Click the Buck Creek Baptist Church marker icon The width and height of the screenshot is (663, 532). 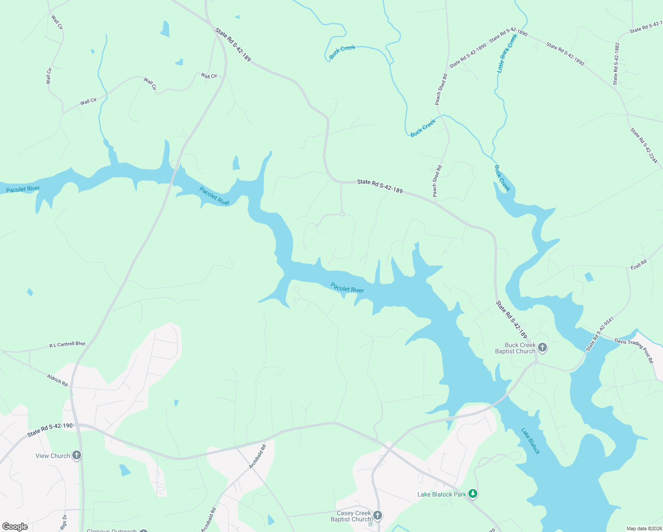click(542, 348)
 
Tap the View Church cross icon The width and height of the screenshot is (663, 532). click(77, 455)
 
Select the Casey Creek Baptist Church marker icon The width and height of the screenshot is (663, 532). click(378, 515)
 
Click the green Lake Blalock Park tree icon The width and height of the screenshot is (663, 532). click(473, 493)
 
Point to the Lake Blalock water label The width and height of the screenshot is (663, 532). click(530, 441)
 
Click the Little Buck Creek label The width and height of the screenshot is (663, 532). click(507, 54)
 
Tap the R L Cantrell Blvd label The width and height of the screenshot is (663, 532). click(67, 344)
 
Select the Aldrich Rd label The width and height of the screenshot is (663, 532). click(58, 380)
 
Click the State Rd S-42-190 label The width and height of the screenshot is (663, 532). click(50, 429)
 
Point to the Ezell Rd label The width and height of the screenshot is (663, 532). click(639, 265)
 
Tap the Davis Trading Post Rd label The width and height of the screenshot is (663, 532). click(634, 350)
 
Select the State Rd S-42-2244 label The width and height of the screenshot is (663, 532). click(644, 145)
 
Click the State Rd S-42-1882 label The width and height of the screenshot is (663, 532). click(616, 63)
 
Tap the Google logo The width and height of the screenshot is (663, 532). click(15, 527)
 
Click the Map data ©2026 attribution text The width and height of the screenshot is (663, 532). click(643, 528)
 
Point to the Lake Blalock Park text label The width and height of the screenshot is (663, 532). click(441, 494)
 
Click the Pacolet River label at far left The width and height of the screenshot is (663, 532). click(23, 189)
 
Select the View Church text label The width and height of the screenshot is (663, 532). click(53, 456)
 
